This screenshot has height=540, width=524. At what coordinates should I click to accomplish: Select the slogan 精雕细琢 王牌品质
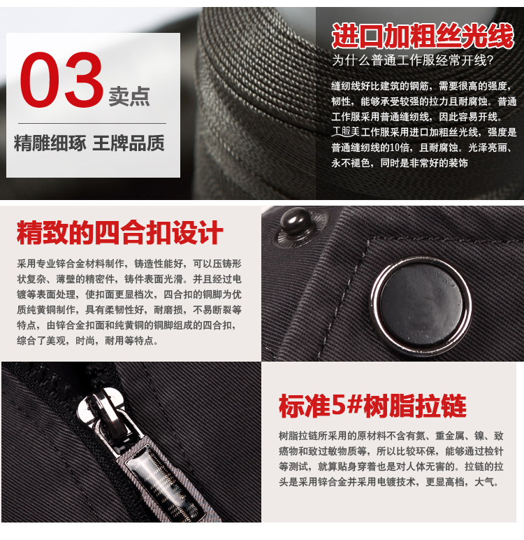click(89, 144)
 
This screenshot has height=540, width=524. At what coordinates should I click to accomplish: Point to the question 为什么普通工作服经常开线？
click(413, 60)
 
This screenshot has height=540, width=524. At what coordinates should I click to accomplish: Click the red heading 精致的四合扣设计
click(119, 233)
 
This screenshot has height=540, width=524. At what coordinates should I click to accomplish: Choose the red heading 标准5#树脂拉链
click(372, 406)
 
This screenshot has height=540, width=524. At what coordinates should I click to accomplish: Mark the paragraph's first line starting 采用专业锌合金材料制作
click(129, 264)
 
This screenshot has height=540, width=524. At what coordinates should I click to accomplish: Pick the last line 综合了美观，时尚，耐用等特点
click(87, 341)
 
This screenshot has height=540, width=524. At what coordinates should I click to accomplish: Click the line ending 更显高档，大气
click(388, 482)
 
